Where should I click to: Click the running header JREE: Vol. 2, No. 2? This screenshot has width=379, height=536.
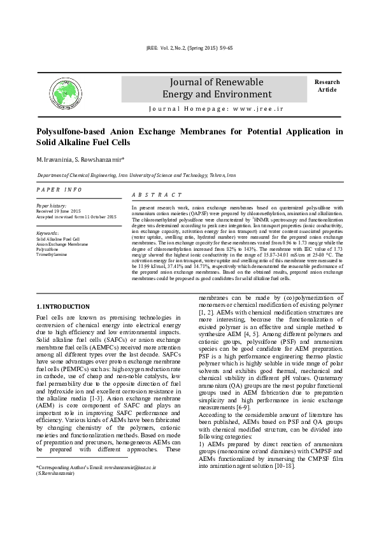coord(189,48)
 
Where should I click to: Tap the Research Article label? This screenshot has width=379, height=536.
coord(327,86)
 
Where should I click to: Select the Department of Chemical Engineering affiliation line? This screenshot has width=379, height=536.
coord(136,174)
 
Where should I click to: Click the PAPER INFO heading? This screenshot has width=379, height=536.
coord(59,190)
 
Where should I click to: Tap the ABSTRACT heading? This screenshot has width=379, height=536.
coord(157,195)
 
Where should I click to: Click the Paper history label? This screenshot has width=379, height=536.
coord(52,206)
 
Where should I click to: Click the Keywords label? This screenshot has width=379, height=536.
coord(48,234)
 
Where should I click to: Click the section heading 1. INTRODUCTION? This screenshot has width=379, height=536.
coord(63,307)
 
